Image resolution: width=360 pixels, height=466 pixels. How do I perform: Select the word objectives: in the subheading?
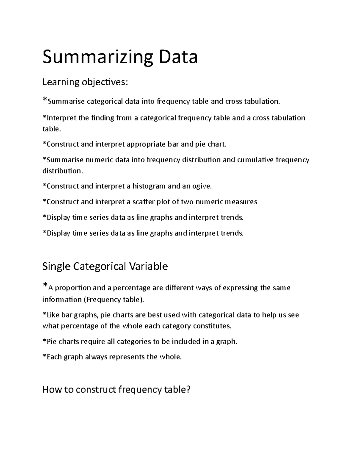[104, 82]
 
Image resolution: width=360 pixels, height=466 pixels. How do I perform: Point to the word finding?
[102, 118]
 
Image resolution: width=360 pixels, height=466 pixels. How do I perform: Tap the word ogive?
[202, 186]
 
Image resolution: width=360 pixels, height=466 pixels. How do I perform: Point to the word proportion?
[73, 288]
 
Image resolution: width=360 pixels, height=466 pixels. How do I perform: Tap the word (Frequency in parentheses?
[102, 299]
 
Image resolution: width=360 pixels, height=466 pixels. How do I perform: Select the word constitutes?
[212, 326]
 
